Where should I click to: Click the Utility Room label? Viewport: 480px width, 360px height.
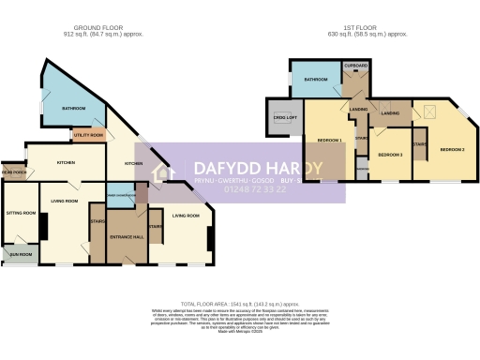point(88,135)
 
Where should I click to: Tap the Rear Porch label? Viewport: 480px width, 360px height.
point(13,172)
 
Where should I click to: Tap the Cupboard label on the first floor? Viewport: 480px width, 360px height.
point(355,66)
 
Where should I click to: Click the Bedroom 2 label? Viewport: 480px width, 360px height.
point(453,149)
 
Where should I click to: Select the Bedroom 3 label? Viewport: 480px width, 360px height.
point(389,154)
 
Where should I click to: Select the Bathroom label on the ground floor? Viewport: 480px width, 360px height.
point(74,109)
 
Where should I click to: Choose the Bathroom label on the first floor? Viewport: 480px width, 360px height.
point(314,81)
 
